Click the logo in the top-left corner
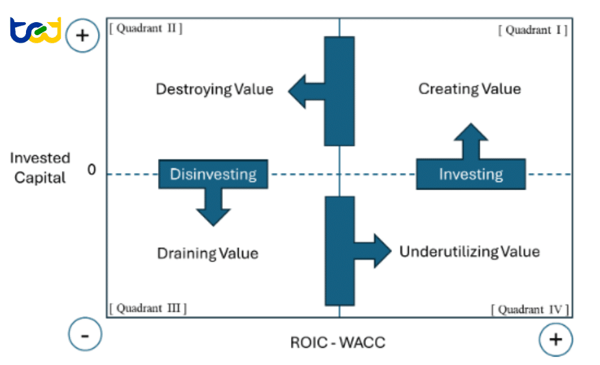tap(36, 30)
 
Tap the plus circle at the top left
tap(83, 36)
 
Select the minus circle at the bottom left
tap(85, 336)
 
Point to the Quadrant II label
tap(149, 29)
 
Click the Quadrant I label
tap(532, 30)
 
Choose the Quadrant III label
tap(148, 308)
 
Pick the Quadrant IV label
tap(530, 310)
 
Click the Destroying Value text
tap(215, 89)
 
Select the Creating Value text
tap(469, 89)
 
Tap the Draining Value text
tap(208, 253)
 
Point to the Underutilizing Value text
tap(469, 251)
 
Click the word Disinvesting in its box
tap(213, 174)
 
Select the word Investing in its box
tap(471, 174)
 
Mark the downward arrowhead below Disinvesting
tap(213, 216)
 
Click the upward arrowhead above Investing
tap(471, 133)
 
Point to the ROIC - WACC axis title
tap(337, 342)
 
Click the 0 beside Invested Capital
tap(91, 170)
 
